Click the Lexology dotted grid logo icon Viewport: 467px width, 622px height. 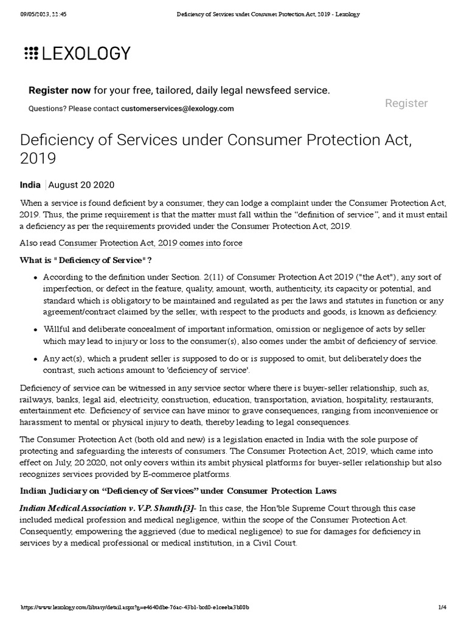coord(31,53)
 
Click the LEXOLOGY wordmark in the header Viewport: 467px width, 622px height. coord(86,53)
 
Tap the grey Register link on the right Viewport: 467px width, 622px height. coord(406,103)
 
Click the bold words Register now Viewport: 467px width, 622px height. coord(60,91)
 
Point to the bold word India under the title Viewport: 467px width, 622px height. coord(30,185)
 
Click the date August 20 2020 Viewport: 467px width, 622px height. coord(81,185)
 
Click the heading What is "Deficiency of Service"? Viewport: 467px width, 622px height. coord(86,261)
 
